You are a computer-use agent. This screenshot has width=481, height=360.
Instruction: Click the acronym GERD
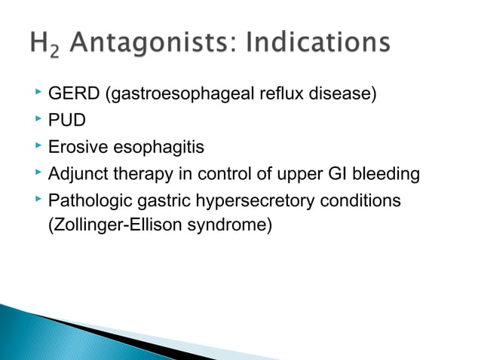[72, 95]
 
